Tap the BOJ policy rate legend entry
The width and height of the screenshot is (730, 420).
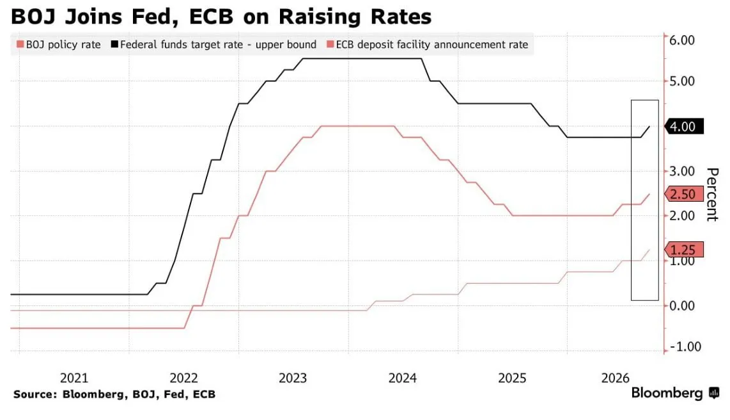(59, 45)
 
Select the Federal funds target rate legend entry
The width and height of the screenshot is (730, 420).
(214, 45)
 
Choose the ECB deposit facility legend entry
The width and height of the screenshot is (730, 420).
(428, 45)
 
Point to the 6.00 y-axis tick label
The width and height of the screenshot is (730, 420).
(682, 40)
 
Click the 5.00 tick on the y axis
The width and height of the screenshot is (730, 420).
(682, 81)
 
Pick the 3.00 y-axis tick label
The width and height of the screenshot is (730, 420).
(682, 171)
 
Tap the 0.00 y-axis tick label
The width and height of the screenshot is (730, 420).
(682, 306)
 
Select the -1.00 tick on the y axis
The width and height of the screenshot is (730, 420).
(685, 347)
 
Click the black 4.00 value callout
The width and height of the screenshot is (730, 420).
(684, 126)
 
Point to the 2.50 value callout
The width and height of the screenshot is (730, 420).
(684, 194)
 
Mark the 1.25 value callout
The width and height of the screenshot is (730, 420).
(684, 250)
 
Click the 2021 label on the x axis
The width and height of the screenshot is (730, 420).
(74, 378)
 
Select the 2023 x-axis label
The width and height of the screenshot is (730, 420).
(293, 378)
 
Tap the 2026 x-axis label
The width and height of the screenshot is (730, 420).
(615, 378)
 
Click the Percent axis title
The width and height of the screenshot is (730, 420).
(713, 195)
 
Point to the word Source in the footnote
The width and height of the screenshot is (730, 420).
(35, 394)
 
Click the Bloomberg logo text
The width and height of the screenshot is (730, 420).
(667, 393)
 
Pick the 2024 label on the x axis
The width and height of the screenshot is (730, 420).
(403, 378)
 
